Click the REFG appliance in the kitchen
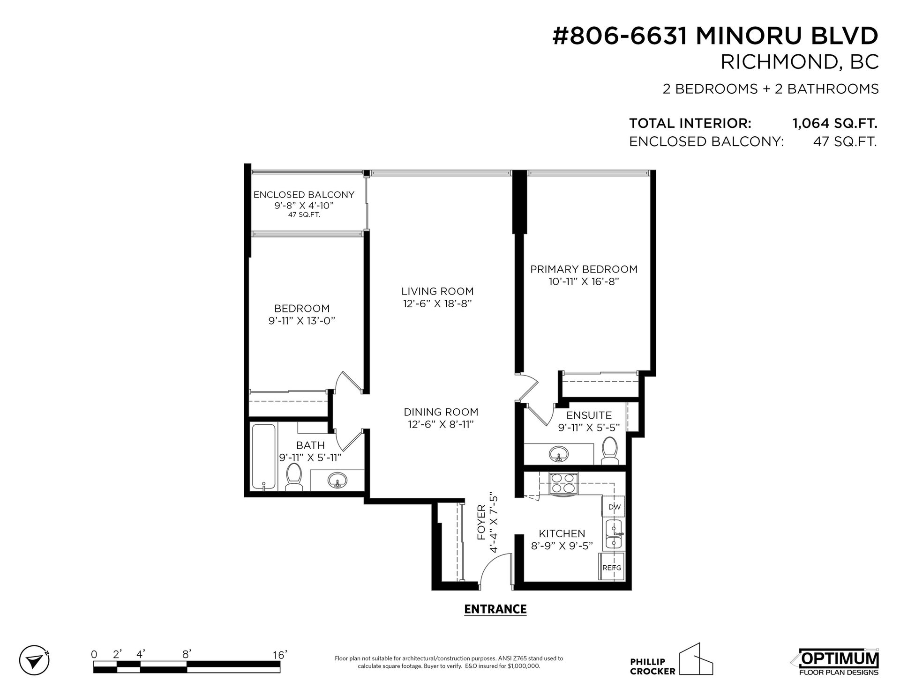coord(611,568)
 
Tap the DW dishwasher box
coord(614,507)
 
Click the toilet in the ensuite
coord(610,449)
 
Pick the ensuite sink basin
coord(558,454)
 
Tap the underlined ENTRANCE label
coord(495,609)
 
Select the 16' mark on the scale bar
coord(279,654)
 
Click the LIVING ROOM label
coord(437,291)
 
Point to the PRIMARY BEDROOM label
coord(584,269)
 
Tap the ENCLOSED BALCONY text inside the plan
coord(304,194)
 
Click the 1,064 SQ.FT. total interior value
coord(835,124)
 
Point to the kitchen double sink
coord(614,534)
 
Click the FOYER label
coord(482,529)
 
